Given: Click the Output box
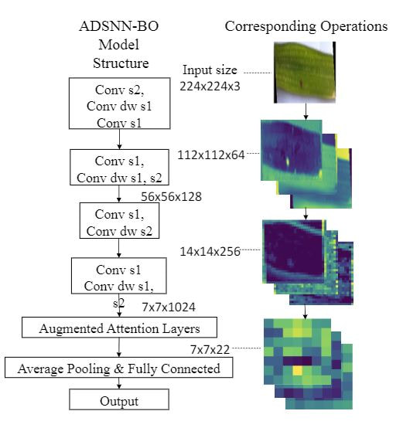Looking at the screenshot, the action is point(119,399).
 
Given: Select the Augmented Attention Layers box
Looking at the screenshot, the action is point(119,328).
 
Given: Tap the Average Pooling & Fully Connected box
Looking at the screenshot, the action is point(119,368).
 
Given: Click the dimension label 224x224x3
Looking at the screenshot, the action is point(210,87).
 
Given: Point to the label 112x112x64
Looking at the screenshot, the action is point(211,155).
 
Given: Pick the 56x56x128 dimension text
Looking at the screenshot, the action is point(171,197).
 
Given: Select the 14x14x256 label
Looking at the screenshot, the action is point(210,251).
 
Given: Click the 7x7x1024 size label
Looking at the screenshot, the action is point(169,307).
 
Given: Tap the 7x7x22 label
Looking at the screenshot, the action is point(210,350).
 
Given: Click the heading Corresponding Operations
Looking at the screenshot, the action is point(306,26).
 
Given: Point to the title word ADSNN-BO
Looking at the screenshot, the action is point(119,26).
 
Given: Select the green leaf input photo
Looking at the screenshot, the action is point(305,73).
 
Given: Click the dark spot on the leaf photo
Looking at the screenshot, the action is point(301,82).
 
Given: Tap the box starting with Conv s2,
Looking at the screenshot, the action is point(120,104).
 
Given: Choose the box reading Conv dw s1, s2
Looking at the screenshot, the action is point(119,167).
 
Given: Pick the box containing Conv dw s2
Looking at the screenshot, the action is point(119,220).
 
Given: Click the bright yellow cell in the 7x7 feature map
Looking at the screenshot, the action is point(297,370).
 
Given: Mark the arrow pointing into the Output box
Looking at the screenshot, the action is point(119,383).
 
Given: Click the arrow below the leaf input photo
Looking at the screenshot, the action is point(306,111).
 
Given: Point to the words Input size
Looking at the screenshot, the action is point(210,70).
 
